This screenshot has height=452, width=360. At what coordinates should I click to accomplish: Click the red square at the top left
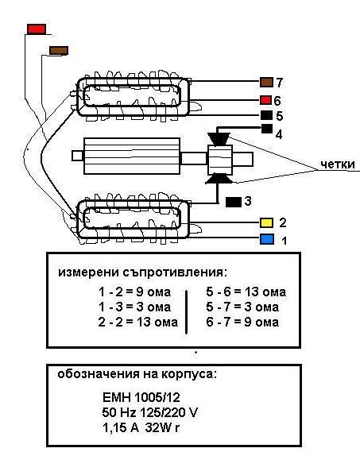[x=37, y=29]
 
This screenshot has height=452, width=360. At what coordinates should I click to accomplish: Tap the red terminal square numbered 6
[x=267, y=101]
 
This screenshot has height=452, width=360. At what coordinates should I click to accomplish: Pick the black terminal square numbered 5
[x=267, y=116]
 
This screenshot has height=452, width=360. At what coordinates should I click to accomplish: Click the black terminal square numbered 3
[x=234, y=202]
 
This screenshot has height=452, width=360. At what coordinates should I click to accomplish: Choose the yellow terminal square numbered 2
[x=267, y=222]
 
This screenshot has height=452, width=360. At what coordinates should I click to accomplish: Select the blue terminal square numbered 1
[x=267, y=238]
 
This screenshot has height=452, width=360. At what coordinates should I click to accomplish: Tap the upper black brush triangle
[x=218, y=137]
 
